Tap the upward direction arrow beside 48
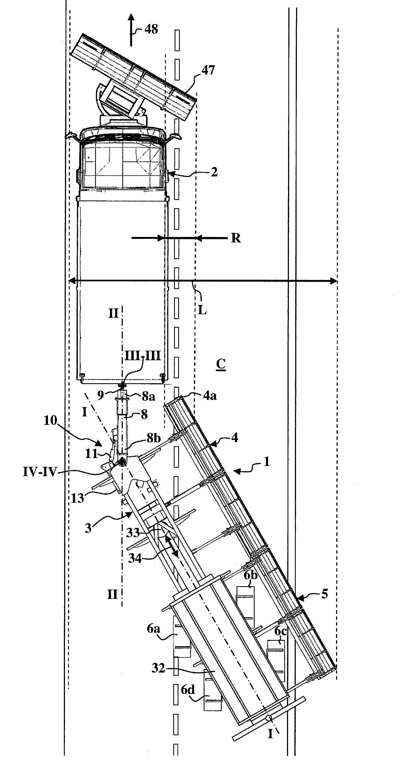tap(131, 30)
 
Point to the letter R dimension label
tap(236, 238)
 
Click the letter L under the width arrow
tap(202, 310)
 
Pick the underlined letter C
tap(221, 364)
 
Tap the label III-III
tap(143, 356)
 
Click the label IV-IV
tap(40, 472)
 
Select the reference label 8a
tap(148, 396)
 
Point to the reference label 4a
tap(210, 395)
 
